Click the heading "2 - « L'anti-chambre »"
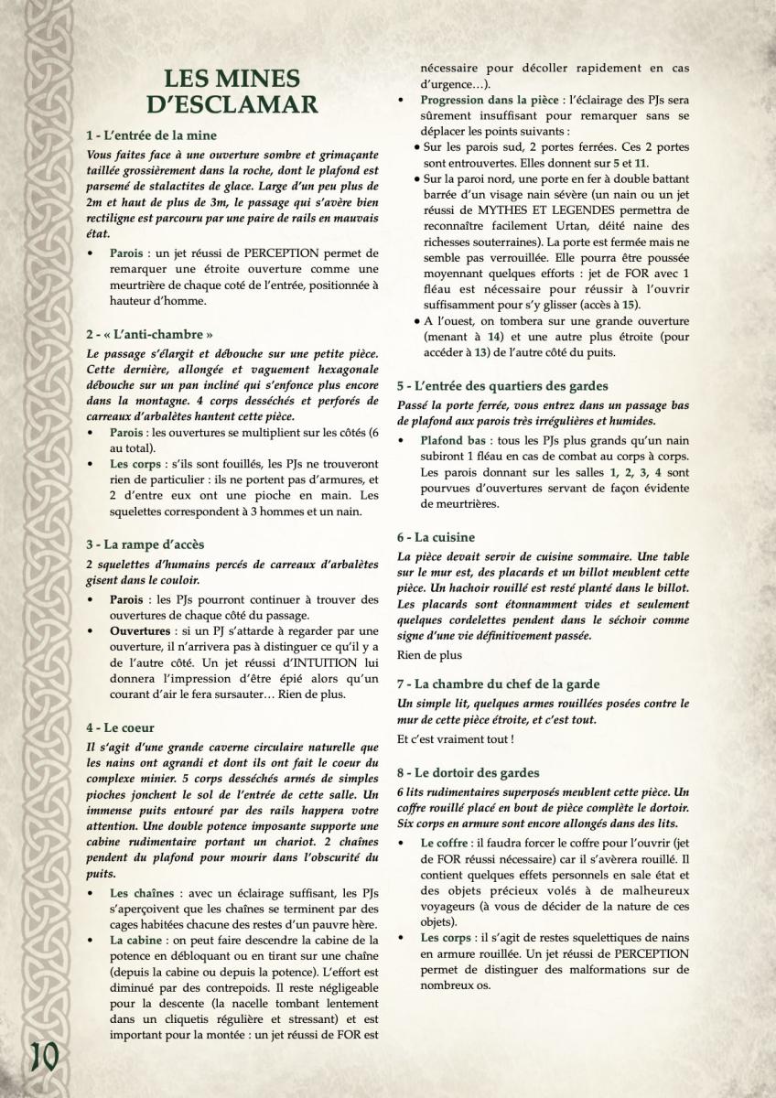[x=150, y=335]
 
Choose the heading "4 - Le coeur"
[x=124, y=728]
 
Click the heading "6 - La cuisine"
[x=449, y=537]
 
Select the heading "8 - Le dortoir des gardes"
[x=481, y=772]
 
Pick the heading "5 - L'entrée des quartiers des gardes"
[x=515, y=386]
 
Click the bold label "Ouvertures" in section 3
[x=139, y=631]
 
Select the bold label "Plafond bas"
[x=453, y=441]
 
